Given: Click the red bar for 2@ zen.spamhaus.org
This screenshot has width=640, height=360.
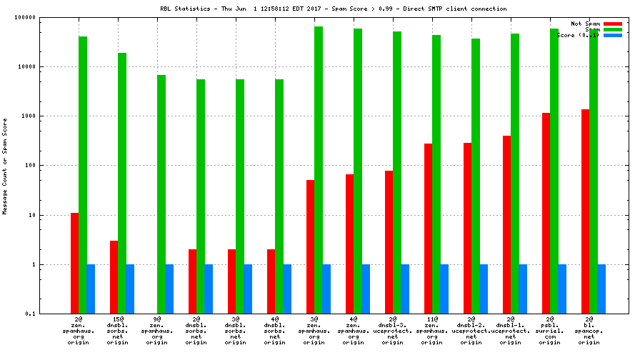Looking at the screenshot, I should pyautogui.click(x=74, y=263).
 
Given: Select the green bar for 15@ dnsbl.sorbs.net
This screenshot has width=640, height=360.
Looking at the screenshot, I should pyautogui.click(x=122, y=183).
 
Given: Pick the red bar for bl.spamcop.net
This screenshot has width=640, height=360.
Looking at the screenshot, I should pyautogui.click(x=586, y=211).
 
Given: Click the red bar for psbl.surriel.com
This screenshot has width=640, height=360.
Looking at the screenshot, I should pyautogui.click(x=546, y=213).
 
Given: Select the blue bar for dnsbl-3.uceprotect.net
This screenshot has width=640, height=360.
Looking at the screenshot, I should pyautogui.click(x=405, y=289).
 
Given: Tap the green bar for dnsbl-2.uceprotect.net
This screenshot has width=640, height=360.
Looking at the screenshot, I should pyautogui.click(x=476, y=176).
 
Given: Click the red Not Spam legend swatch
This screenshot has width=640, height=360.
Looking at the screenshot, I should pyautogui.click(x=613, y=24).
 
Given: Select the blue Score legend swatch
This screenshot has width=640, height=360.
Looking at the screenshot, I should pyautogui.click(x=613, y=35).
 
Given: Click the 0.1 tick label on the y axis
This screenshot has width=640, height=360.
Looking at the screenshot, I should pyautogui.click(x=31, y=314).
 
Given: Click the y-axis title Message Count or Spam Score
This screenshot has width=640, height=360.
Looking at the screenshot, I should pyautogui.click(x=5, y=166).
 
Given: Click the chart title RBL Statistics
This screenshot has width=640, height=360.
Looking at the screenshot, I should pyautogui.click(x=334, y=9).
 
